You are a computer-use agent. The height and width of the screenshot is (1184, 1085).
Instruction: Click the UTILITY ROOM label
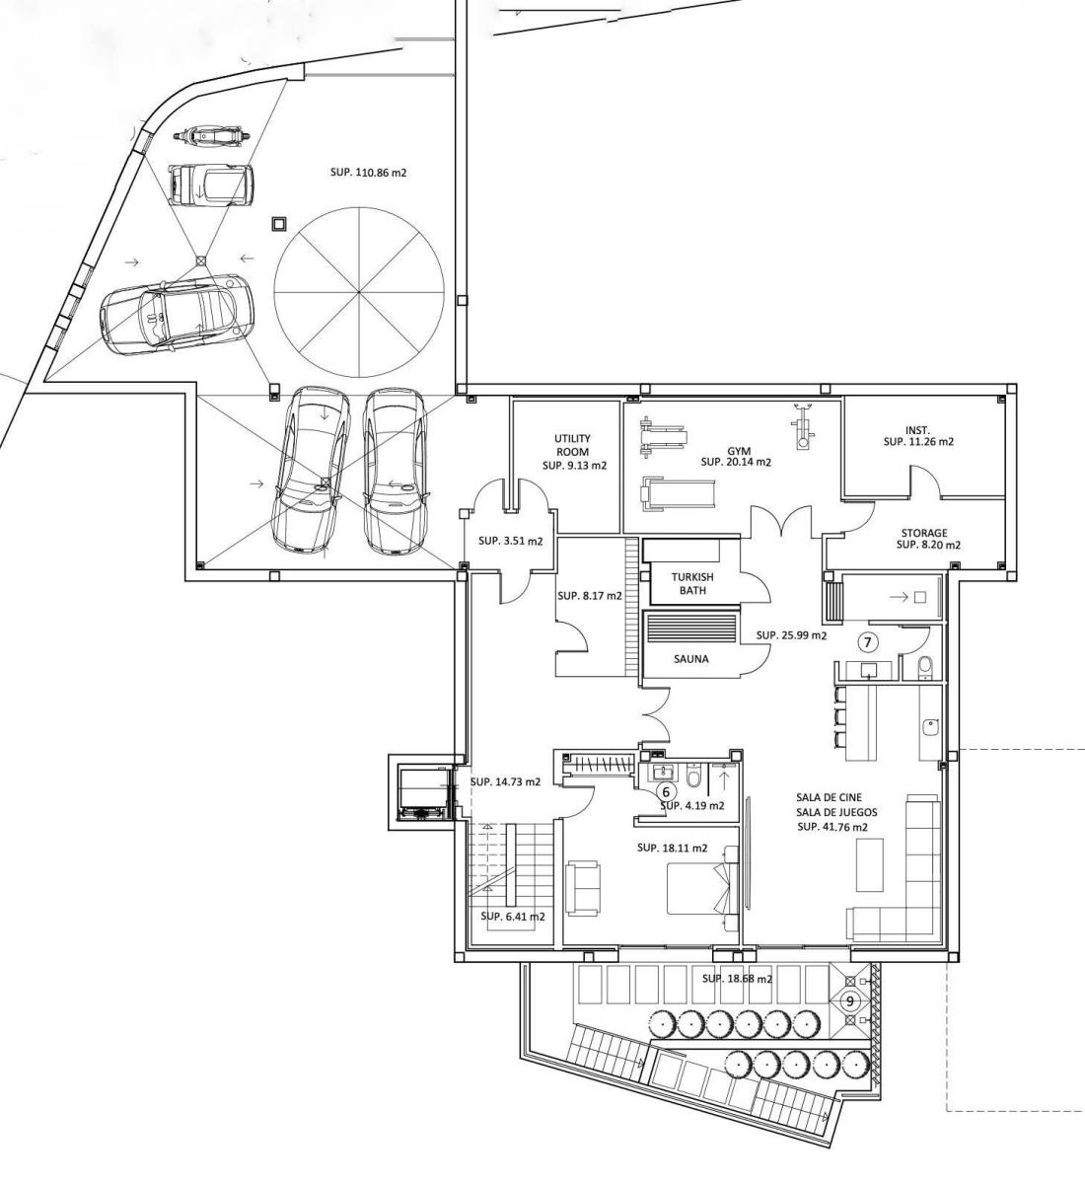coord(572,444)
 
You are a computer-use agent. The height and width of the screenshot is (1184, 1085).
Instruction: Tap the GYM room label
coord(739,452)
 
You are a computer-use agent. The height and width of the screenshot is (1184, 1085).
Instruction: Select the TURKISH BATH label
coord(692,583)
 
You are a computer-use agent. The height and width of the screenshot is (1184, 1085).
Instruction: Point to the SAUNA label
coord(690,659)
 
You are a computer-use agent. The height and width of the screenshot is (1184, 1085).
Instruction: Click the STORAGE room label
coord(924,533)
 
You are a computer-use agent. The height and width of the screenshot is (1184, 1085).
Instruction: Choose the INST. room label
coord(917,430)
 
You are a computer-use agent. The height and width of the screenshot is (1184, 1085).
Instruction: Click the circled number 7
coord(867,642)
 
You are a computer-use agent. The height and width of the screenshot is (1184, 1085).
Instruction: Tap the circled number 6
coord(667,792)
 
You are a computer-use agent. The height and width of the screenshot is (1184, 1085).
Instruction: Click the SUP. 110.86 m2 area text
coord(368,173)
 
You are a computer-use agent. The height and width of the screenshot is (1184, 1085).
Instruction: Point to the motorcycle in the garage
coord(211,135)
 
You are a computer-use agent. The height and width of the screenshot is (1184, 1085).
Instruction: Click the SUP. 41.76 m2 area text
coord(832,827)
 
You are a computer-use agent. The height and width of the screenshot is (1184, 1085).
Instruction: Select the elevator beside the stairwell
coord(424,793)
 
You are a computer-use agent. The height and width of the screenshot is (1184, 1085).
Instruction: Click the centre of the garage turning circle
coord(359,292)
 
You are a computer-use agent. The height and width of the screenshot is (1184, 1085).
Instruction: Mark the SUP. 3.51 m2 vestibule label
coord(511,541)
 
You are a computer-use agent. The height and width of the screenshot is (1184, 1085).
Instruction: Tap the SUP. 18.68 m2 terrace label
coord(737,979)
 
